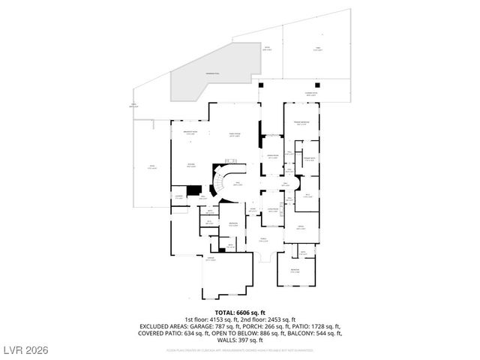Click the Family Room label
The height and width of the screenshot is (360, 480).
(234, 135)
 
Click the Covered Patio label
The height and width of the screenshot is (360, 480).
(310, 94)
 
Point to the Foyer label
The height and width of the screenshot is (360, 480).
(263, 239)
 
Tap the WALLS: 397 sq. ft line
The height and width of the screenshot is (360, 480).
(239, 340)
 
